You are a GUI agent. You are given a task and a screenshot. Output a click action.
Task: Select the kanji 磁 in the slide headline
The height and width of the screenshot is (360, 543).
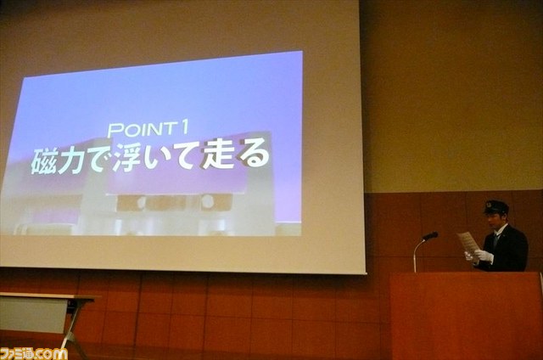coord(43,161)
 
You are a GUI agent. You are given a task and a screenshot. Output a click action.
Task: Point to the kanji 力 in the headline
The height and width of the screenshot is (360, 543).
coord(71,160)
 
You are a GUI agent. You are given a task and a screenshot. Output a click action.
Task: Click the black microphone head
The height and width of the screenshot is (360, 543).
coord(431,236)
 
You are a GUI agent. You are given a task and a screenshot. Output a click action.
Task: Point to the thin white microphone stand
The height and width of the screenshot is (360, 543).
coord(417,255)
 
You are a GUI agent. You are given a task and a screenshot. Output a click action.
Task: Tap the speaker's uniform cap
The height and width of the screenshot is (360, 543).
coord(496,207)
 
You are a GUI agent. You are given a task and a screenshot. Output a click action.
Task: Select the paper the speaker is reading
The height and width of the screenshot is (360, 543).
coord(468,243)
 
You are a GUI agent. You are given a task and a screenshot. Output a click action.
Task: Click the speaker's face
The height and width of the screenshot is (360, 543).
coord(493,221)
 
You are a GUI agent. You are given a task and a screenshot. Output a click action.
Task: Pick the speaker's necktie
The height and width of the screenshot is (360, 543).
coord(496,239)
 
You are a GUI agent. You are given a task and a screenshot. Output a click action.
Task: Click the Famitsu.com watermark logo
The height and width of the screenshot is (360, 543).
coord(34,353)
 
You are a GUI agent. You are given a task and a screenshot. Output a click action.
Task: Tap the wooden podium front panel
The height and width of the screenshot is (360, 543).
coord(466,316)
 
